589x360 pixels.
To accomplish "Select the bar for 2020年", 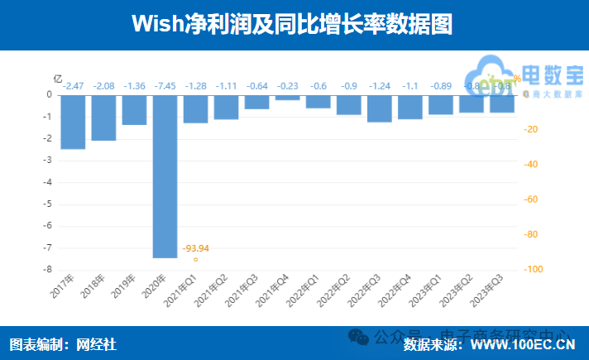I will tap(165, 175).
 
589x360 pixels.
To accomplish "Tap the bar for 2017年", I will tap(73, 122).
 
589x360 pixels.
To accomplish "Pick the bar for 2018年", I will tap(103, 118).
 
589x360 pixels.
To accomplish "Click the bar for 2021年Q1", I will tap(195, 109).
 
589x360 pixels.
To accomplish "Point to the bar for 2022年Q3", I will tap(379, 108).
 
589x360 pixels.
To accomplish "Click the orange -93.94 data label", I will tap(195, 248).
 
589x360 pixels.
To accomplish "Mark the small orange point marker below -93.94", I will tap(196, 260).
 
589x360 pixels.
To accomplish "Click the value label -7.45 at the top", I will tap(165, 86).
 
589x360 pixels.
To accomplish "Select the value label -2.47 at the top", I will tap(73, 86).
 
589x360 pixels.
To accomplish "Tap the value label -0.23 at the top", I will tap(287, 86).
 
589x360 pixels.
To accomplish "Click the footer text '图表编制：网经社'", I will tap(63, 343).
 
